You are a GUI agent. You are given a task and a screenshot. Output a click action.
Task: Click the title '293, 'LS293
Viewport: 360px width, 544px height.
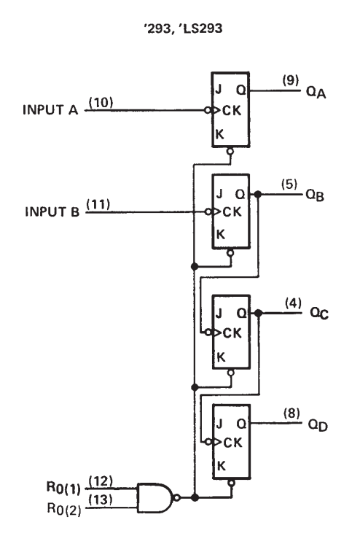point(183,28)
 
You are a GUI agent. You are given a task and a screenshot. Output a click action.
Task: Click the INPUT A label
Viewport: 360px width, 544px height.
point(50,110)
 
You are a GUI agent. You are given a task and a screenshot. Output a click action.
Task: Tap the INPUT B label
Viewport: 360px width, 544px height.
point(52,211)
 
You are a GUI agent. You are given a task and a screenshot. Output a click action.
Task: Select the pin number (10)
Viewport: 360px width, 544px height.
point(101,103)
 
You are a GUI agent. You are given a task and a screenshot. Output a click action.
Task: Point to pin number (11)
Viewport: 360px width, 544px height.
point(98,204)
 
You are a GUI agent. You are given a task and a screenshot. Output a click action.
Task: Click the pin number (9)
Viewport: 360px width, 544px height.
point(291,80)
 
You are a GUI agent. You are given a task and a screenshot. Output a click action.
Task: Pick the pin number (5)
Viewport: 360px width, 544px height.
point(289,184)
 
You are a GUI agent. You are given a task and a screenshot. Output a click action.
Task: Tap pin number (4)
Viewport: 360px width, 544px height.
point(294,303)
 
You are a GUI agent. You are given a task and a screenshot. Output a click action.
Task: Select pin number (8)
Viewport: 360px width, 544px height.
point(291,413)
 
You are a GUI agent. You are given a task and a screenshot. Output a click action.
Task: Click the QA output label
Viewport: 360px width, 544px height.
point(316,93)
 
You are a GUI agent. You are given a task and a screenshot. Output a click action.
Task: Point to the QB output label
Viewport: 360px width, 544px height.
point(315,195)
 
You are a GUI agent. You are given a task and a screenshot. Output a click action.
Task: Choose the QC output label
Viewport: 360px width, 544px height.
point(319,313)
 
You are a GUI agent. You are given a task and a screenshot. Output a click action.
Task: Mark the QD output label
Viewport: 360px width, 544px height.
point(318,425)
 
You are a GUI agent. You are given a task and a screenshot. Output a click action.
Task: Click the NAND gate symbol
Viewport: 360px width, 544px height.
point(155,498)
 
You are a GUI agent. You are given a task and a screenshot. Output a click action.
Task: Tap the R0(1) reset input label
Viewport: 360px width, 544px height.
point(63,488)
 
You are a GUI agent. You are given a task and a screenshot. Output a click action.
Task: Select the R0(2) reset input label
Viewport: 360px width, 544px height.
point(64,509)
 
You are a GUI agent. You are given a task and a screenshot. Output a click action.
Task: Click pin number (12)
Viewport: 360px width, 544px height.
point(101,481)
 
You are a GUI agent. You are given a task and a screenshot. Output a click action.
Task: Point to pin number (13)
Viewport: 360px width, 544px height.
point(101,500)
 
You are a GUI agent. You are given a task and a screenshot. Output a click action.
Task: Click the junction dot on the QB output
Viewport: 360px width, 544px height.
point(258,194)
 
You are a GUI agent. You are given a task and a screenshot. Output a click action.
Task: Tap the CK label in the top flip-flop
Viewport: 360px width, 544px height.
point(232,110)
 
